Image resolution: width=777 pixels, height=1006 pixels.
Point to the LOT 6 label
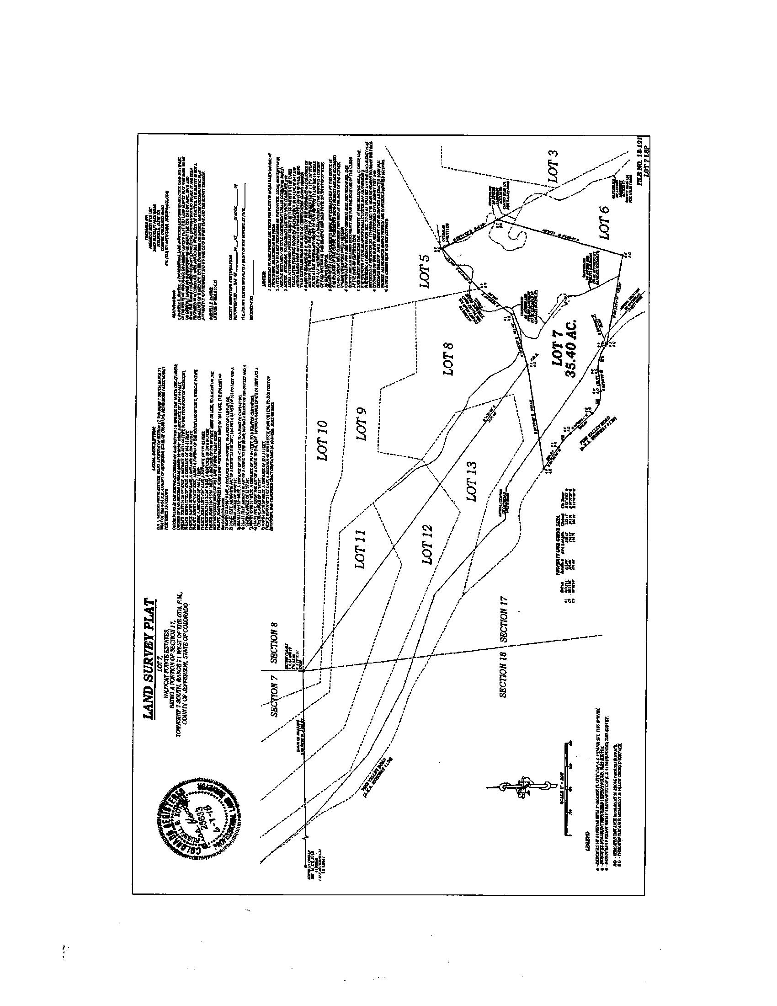604,223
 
